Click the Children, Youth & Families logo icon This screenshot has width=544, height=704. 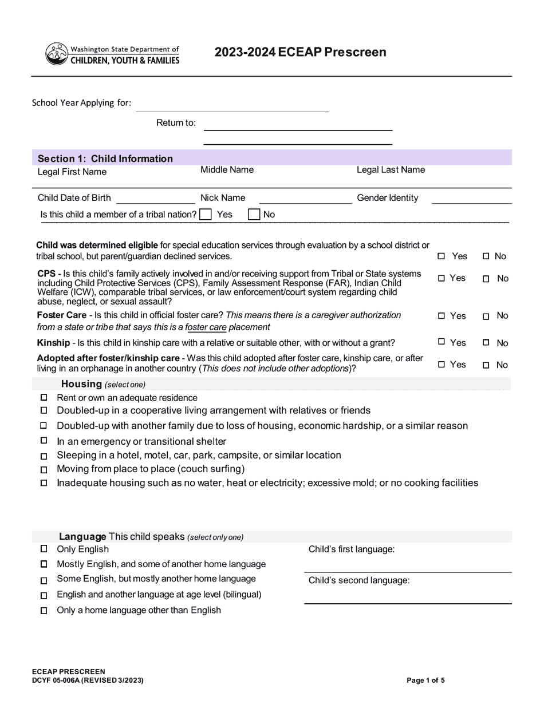point(56,54)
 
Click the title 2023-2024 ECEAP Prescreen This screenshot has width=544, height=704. point(300,52)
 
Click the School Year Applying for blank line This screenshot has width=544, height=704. point(232,106)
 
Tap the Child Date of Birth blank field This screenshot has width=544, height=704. point(155,198)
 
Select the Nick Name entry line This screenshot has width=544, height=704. point(305,198)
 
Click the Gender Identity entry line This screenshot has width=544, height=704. point(471,198)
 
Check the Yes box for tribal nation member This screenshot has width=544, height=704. point(206,215)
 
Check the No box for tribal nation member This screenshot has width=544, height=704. point(254,215)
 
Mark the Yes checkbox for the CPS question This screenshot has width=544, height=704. point(441,279)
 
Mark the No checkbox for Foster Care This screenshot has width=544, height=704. point(486,317)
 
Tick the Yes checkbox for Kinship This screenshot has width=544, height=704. point(441,342)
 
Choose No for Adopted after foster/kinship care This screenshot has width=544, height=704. point(486,365)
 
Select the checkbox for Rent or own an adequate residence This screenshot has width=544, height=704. point(44,397)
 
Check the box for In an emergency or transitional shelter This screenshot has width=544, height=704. point(44,441)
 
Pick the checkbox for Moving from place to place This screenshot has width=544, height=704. point(44,470)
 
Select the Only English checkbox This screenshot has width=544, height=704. point(44,549)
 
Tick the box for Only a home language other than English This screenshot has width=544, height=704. point(44,611)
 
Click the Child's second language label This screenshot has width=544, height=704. point(359,580)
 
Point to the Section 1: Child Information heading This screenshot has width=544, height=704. point(105,159)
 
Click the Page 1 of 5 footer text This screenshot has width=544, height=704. point(425,681)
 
